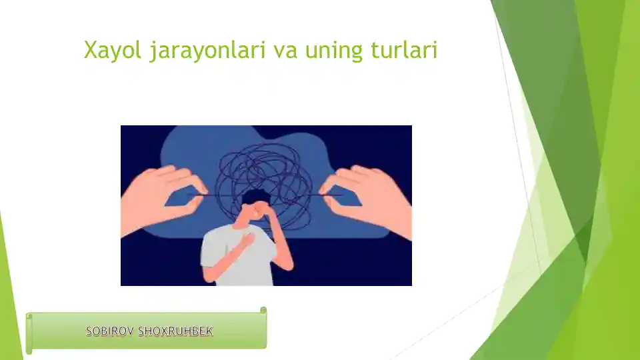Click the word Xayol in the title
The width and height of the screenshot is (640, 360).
point(113,50)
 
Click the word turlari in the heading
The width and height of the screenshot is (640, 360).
point(404,50)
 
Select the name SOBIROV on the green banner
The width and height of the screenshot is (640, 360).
point(110,331)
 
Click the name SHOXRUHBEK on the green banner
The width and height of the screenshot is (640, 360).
point(175,331)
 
